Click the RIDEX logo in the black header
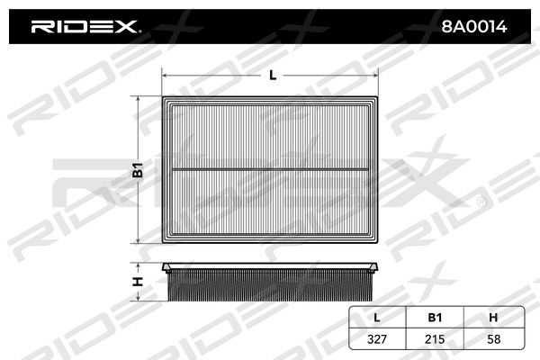85,26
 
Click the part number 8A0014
474,26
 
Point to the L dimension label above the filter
273,75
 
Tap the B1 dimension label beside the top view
138,170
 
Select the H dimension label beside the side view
138,282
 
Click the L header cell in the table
377,318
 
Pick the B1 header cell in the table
435,318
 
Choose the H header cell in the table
493,318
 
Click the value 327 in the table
377,339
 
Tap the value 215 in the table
435,339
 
